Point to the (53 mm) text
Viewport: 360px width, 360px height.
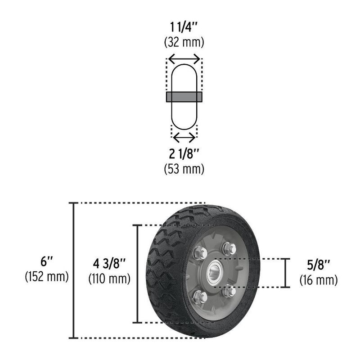tap(184, 169)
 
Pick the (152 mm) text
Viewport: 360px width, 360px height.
tap(46, 277)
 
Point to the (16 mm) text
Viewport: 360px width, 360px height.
tap(319, 280)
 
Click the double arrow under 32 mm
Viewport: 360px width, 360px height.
tap(184, 58)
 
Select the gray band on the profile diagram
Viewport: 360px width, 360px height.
tap(184, 97)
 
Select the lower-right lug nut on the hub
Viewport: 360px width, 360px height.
tap(229, 291)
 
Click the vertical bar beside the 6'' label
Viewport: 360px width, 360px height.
tap(72, 270)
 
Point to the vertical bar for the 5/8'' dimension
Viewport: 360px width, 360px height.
tap(285, 273)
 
